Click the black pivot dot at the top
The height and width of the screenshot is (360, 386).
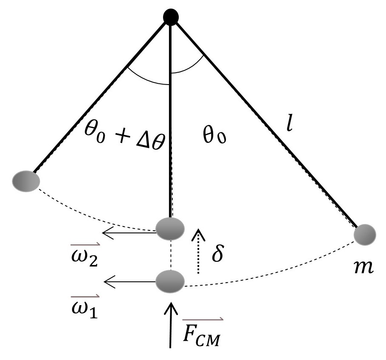tap(171, 17)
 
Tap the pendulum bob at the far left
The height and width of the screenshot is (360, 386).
tap(26, 181)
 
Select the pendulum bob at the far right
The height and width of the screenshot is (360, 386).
tap(365, 234)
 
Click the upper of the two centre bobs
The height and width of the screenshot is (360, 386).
tap(170, 229)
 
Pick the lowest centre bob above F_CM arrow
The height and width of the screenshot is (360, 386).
tap(170, 281)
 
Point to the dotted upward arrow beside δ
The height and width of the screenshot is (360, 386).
tap(197, 250)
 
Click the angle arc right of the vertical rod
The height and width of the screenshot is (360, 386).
tap(189, 68)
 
